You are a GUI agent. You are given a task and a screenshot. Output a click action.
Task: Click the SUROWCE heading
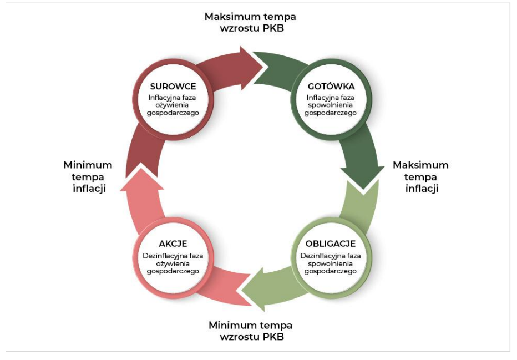pos(173,87)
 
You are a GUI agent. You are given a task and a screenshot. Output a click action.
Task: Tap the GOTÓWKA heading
pos(331,87)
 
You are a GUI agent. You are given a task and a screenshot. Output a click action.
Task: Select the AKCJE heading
pos(173,244)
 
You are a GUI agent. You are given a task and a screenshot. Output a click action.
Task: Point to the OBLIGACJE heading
pos(331,244)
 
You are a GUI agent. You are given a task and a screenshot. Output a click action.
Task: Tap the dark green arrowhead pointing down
pos(363,178)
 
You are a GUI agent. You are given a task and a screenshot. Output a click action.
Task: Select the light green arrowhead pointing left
pos(254,289)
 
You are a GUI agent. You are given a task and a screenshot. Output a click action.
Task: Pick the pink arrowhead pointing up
pos(142,179)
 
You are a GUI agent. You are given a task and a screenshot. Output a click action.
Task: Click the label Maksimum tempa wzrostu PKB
pos(251,22)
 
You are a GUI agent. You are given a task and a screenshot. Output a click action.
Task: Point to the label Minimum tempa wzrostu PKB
pos(251,331)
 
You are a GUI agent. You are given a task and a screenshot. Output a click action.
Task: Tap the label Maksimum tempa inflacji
pos(421,177)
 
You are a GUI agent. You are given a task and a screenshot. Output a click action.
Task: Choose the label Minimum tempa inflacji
pos(88,177)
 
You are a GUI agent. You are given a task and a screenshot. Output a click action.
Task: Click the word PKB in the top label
pos(273,28)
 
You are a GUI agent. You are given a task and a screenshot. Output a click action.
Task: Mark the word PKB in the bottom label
pos(273,337)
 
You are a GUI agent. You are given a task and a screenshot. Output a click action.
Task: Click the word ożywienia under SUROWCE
pos(173,105)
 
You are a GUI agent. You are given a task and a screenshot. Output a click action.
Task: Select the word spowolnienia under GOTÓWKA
pos(331,105)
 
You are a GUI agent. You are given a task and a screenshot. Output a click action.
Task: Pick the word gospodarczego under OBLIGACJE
pos(331,271)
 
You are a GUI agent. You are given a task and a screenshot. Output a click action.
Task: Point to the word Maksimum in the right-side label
pos(421,165)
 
